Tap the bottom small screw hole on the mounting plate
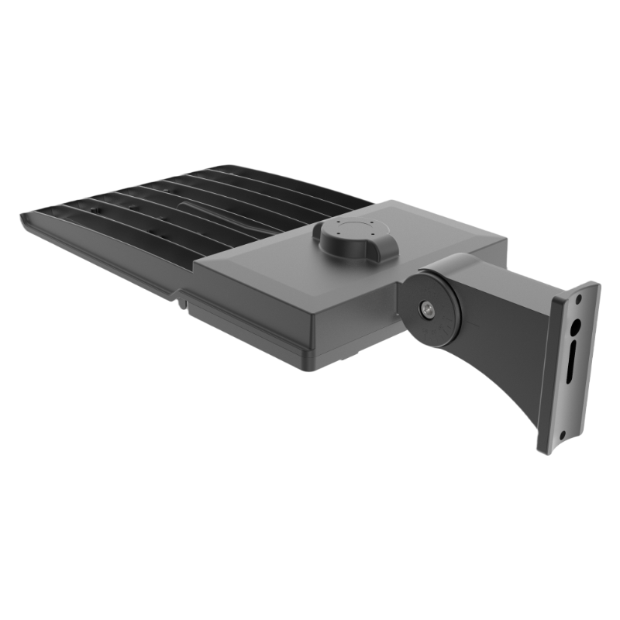tap(560, 422)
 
